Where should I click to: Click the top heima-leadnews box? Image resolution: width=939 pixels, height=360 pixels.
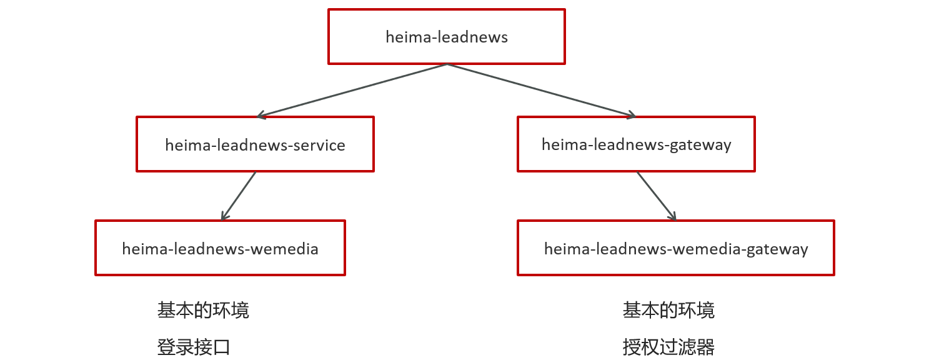coord(446,36)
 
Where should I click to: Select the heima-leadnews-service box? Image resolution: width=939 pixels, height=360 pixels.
coord(255,144)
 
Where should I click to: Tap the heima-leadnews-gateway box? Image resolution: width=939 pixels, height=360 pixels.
coord(636,144)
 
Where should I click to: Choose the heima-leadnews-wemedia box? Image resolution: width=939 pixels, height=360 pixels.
coord(220,248)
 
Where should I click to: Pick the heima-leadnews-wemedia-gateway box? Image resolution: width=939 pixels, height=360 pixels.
coord(676,248)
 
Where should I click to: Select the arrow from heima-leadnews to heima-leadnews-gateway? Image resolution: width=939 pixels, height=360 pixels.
coord(541,90)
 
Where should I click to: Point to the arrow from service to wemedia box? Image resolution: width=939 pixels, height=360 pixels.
coord(239,196)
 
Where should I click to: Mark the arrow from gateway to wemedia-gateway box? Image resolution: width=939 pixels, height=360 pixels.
coord(656,196)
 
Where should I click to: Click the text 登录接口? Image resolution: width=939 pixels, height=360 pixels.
coord(194,347)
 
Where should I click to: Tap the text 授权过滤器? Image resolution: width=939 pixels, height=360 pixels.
coord(668,347)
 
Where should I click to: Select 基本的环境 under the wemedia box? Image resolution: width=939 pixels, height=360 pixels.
coord(203,310)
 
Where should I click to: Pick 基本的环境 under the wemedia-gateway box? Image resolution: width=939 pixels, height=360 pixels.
coord(668,310)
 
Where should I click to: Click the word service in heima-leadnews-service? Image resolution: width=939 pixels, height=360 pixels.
coord(320,145)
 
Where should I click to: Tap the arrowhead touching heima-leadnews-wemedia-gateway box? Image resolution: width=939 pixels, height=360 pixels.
coord(673,216)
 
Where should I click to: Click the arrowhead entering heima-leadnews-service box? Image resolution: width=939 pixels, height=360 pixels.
coord(261,115)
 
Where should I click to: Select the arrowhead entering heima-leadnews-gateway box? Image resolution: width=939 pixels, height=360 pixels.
coord(631,115)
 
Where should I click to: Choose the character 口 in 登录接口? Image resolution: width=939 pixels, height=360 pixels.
coord(222,347)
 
